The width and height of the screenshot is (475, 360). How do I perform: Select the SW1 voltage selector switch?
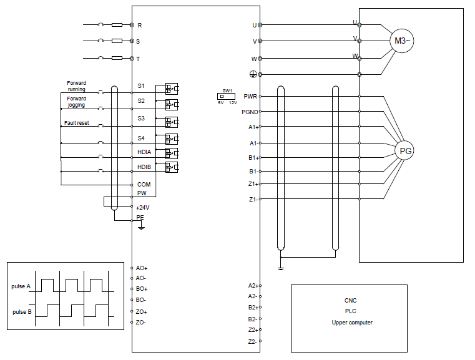click(226, 96)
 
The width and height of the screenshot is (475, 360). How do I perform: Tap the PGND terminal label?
click(250, 112)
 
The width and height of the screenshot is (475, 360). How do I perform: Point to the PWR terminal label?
click(250, 96)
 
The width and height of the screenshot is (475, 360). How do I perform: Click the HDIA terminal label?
click(144, 152)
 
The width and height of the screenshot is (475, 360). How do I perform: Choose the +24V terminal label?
click(143, 208)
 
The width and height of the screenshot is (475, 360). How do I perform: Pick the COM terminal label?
click(144, 185)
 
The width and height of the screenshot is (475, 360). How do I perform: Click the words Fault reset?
click(77, 123)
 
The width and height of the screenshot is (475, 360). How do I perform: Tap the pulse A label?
click(21, 286)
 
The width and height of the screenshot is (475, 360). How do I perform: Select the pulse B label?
click(22, 312)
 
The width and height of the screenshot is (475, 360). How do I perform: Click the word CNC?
click(351, 301)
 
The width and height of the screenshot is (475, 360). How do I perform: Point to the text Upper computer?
click(352, 323)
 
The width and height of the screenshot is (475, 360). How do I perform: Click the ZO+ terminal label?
click(141, 312)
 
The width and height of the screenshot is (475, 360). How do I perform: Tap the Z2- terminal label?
click(252, 341)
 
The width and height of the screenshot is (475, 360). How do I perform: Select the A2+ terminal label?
click(253, 286)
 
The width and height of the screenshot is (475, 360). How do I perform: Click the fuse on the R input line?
click(117, 25)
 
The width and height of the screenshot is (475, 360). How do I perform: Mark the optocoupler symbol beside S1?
click(172, 89)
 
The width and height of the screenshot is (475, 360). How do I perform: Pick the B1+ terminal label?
click(254, 158)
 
